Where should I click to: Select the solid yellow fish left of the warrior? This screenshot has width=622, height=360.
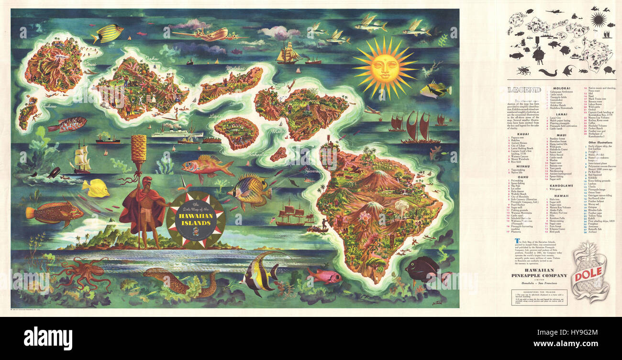coord(96,188)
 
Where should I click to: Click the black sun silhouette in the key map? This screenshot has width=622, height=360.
coord(598,20)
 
